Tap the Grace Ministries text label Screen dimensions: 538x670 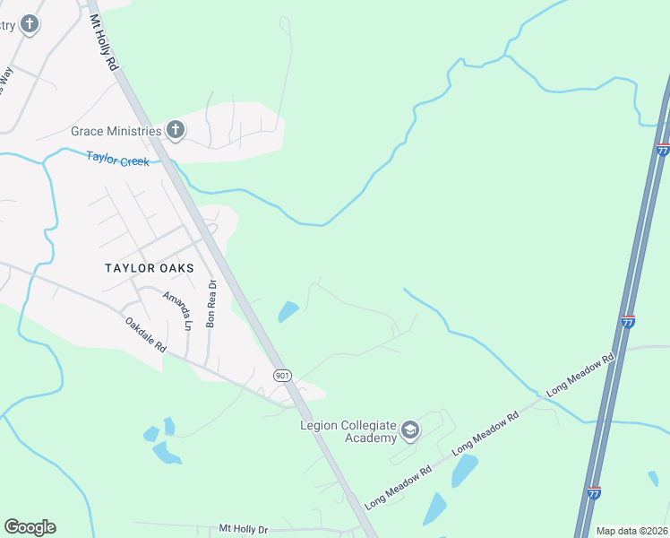coord(116,131)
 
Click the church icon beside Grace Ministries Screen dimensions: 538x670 coord(176,131)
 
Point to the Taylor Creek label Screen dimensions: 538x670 coord(116,159)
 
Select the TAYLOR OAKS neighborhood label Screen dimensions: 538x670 coord(149,268)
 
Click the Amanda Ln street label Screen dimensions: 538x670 coord(176,308)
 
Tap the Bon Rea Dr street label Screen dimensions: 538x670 coord(211,304)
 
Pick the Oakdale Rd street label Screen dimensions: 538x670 coord(145,335)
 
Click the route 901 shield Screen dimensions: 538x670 coord(281,375)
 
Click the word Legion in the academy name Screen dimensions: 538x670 coord(320,424)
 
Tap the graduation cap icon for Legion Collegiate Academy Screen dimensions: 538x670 coord(410,430)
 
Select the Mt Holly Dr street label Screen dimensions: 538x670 coord(243,530)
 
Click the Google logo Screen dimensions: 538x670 coord(30,527)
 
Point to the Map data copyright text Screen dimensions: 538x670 coord(631,531)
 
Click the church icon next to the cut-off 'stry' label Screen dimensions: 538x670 coord(30,24)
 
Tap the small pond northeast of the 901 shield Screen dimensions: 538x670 coord(288,312)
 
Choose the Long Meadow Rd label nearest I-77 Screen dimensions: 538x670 coord(580,373)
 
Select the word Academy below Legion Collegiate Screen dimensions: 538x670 coord(371,438)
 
